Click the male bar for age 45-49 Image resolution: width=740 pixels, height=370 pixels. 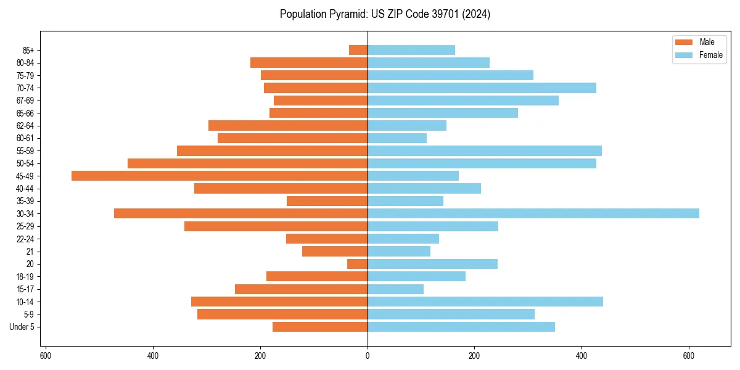(220, 176)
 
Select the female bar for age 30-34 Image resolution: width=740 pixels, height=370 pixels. (533, 213)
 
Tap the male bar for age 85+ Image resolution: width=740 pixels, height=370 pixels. (358, 50)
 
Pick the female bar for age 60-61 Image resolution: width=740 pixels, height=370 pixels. (397, 138)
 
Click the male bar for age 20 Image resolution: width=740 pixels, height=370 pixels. (358, 264)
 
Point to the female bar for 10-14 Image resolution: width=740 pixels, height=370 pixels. (485, 302)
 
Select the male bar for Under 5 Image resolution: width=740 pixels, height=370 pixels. (320, 327)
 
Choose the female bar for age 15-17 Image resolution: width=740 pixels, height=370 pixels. (396, 289)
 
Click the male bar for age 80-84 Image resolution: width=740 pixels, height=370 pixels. (309, 62)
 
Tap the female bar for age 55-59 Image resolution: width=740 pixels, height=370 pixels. (485, 150)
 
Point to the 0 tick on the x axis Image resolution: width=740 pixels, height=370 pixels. (368, 356)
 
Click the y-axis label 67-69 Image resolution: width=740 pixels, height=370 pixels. (25, 101)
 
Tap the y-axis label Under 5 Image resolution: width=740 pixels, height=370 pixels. (22, 327)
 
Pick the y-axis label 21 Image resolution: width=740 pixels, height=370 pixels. (30, 252)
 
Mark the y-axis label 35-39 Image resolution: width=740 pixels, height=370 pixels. (25, 201)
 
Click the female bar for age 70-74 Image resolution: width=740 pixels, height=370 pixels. (482, 88)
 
